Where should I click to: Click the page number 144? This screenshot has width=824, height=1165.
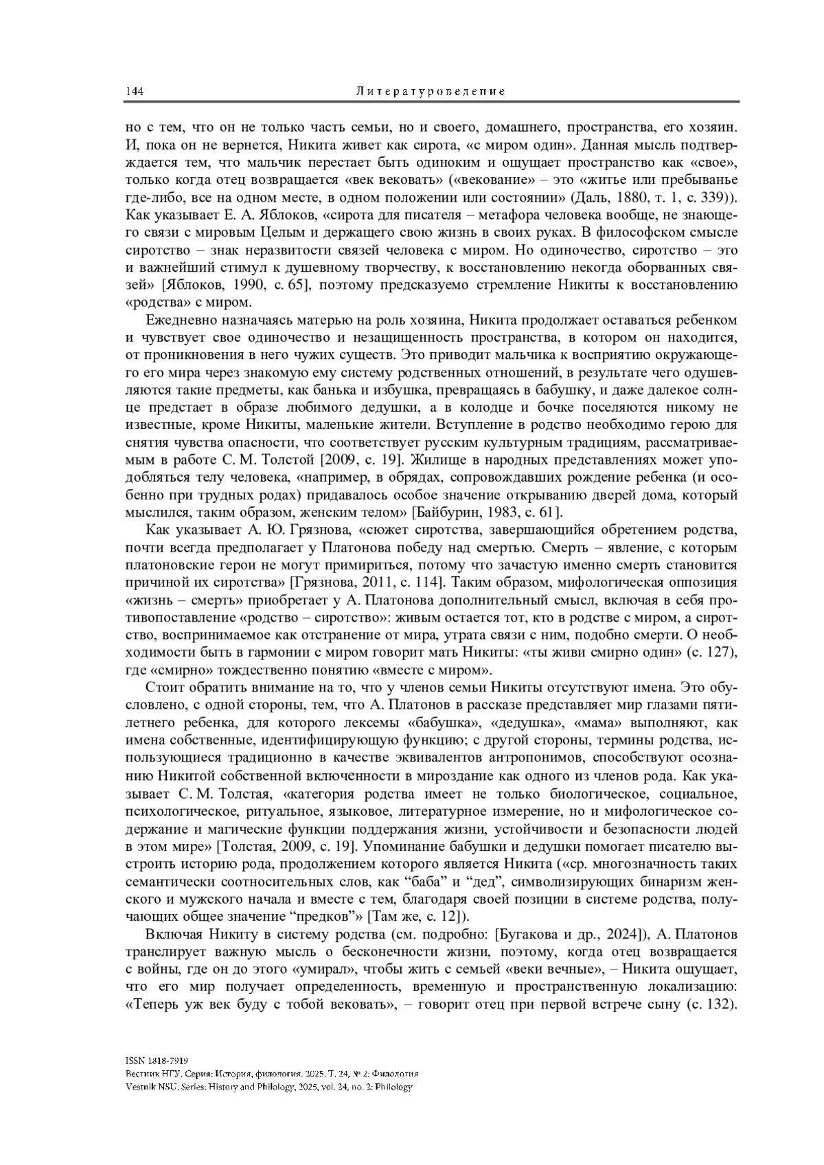click(x=133, y=91)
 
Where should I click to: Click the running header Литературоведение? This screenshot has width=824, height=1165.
click(x=431, y=91)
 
